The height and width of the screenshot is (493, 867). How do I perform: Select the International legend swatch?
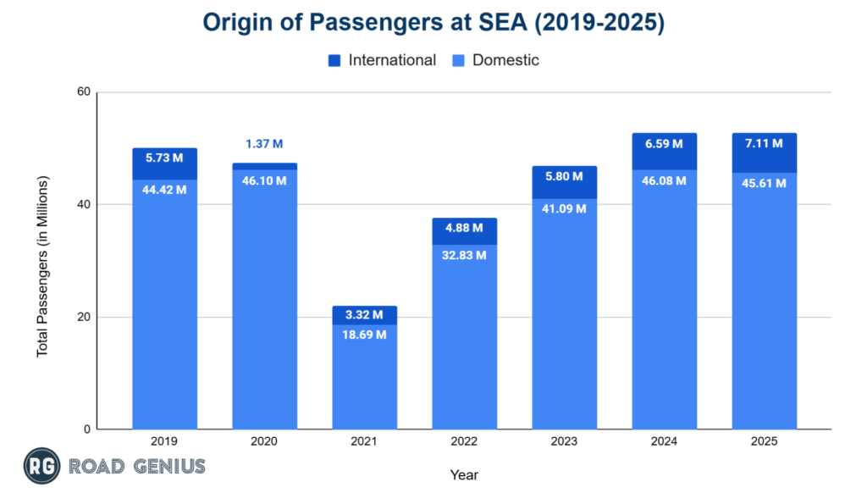334,61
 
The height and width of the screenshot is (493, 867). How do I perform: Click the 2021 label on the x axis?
364,441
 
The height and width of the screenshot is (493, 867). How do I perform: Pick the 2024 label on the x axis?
665,441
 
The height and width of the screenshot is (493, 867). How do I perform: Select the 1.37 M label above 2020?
264,144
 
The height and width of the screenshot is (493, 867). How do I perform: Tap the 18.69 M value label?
364,335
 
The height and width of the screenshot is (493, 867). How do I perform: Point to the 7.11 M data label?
764,144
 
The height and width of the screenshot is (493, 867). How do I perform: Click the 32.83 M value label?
464,255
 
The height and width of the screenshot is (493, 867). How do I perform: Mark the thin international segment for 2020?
264,167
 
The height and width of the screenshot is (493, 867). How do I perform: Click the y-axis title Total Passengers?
42,266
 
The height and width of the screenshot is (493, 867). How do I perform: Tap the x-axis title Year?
464,475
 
